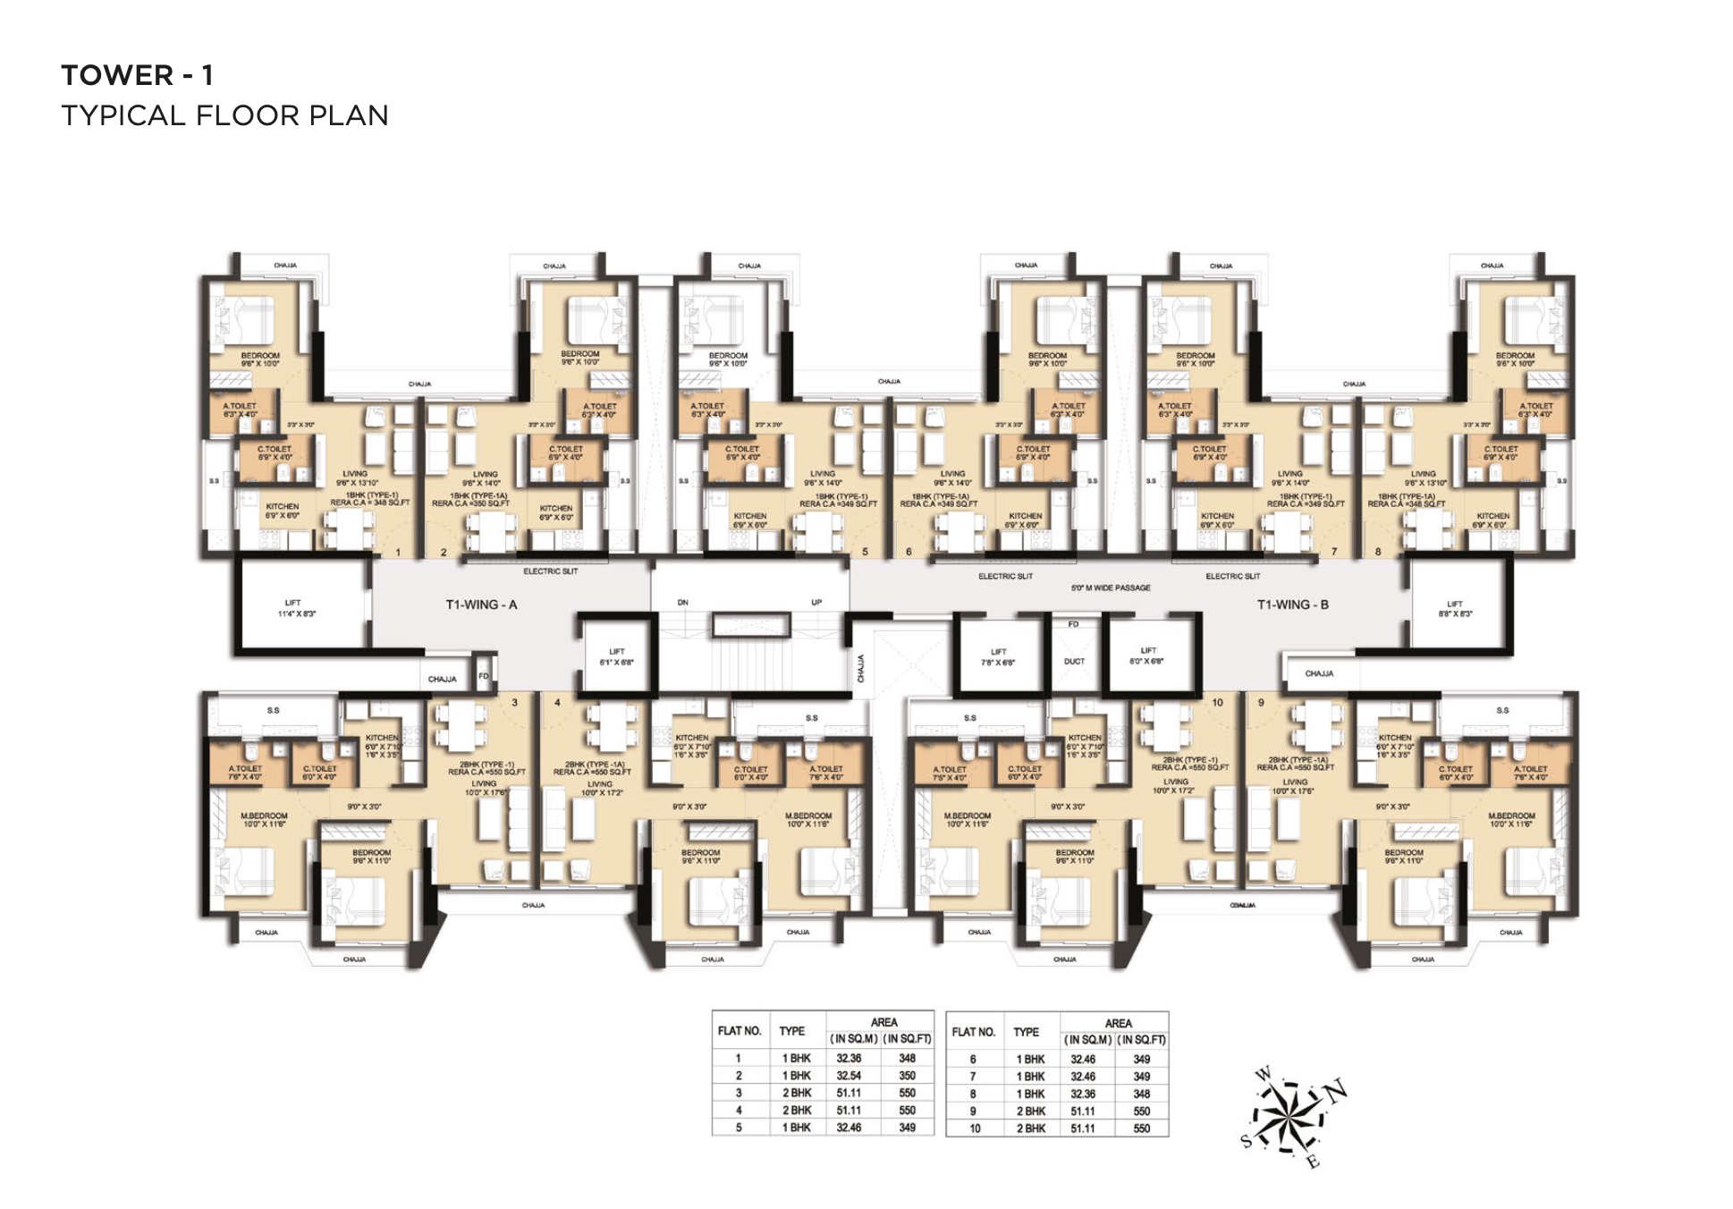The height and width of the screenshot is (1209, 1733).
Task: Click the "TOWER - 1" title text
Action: click(137, 75)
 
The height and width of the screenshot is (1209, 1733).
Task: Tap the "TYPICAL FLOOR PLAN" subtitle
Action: click(224, 115)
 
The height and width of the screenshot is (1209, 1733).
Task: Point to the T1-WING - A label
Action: click(481, 604)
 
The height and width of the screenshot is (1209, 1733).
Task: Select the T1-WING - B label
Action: click(1292, 604)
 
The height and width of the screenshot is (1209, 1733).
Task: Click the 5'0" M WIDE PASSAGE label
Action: click(1111, 588)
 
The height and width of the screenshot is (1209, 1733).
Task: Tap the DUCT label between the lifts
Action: click(1074, 662)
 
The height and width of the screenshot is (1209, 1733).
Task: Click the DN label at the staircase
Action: click(682, 603)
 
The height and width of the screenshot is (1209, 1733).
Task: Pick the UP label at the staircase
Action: click(816, 603)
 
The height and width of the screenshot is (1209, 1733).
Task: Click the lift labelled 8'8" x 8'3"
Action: click(1455, 609)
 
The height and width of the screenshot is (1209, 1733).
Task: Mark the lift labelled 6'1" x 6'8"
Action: click(616, 657)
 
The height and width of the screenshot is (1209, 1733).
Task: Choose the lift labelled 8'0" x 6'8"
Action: click(1148, 656)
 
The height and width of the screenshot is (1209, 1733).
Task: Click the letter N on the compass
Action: click(1336, 1092)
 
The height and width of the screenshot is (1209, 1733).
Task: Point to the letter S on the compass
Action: click(1247, 1141)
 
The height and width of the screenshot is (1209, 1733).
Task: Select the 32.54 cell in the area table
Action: click(849, 1076)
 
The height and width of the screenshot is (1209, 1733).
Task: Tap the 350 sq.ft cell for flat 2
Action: click(907, 1076)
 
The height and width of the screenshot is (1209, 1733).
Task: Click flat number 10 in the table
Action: click(974, 1129)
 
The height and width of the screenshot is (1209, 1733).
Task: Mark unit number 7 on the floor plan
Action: click(1333, 552)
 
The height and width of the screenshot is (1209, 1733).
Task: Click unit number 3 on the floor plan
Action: click(514, 703)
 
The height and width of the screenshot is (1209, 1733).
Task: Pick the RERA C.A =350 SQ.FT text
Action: click(470, 503)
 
